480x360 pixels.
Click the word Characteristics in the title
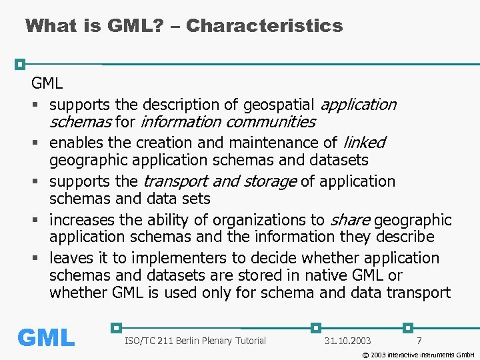(x=265, y=26)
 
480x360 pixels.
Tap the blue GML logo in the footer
(x=46, y=338)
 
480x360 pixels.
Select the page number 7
(x=419, y=341)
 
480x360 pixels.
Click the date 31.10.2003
(x=347, y=341)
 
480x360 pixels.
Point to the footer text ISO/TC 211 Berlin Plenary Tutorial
(x=195, y=341)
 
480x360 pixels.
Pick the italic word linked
(x=364, y=143)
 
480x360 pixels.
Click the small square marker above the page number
(x=408, y=327)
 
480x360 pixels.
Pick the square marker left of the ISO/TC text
(x=117, y=327)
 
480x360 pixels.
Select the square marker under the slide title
(x=20, y=64)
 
